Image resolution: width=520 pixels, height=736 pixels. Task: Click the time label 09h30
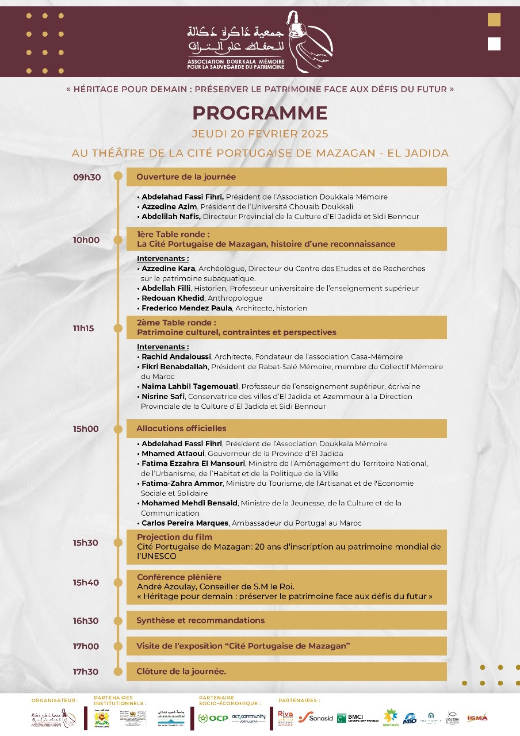pyautogui.click(x=87, y=177)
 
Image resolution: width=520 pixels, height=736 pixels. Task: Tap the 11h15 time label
pyautogui.click(x=83, y=328)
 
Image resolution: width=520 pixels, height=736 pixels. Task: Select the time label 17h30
pyautogui.click(x=86, y=672)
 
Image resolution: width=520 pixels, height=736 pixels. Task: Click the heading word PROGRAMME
pyautogui.click(x=260, y=113)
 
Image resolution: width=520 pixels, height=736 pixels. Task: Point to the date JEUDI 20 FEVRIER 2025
pyautogui.click(x=260, y=134)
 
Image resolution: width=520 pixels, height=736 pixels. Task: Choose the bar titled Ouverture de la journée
pyautogui.click(x=286, y=177)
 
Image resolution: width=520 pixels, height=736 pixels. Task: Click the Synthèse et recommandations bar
pyautogui.click(x=286, y=620)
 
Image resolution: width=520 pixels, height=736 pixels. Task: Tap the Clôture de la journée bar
pyautogui.click(x=286, y=671)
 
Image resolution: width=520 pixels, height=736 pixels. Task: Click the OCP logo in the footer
pyautogui.click(x=213, y=718)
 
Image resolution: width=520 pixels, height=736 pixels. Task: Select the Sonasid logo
pyautogui.click(x=316, y=718)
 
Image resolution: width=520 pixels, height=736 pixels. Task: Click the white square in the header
pyautogui.click(x=494, y=44)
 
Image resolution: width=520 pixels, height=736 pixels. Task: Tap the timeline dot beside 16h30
pyautogui.click(x=118, y=620)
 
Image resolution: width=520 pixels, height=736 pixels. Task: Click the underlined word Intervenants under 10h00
pyautogui.click(x=163, y=259)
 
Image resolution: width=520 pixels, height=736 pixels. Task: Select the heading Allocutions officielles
pyautogui.click(x=181, y=428)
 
